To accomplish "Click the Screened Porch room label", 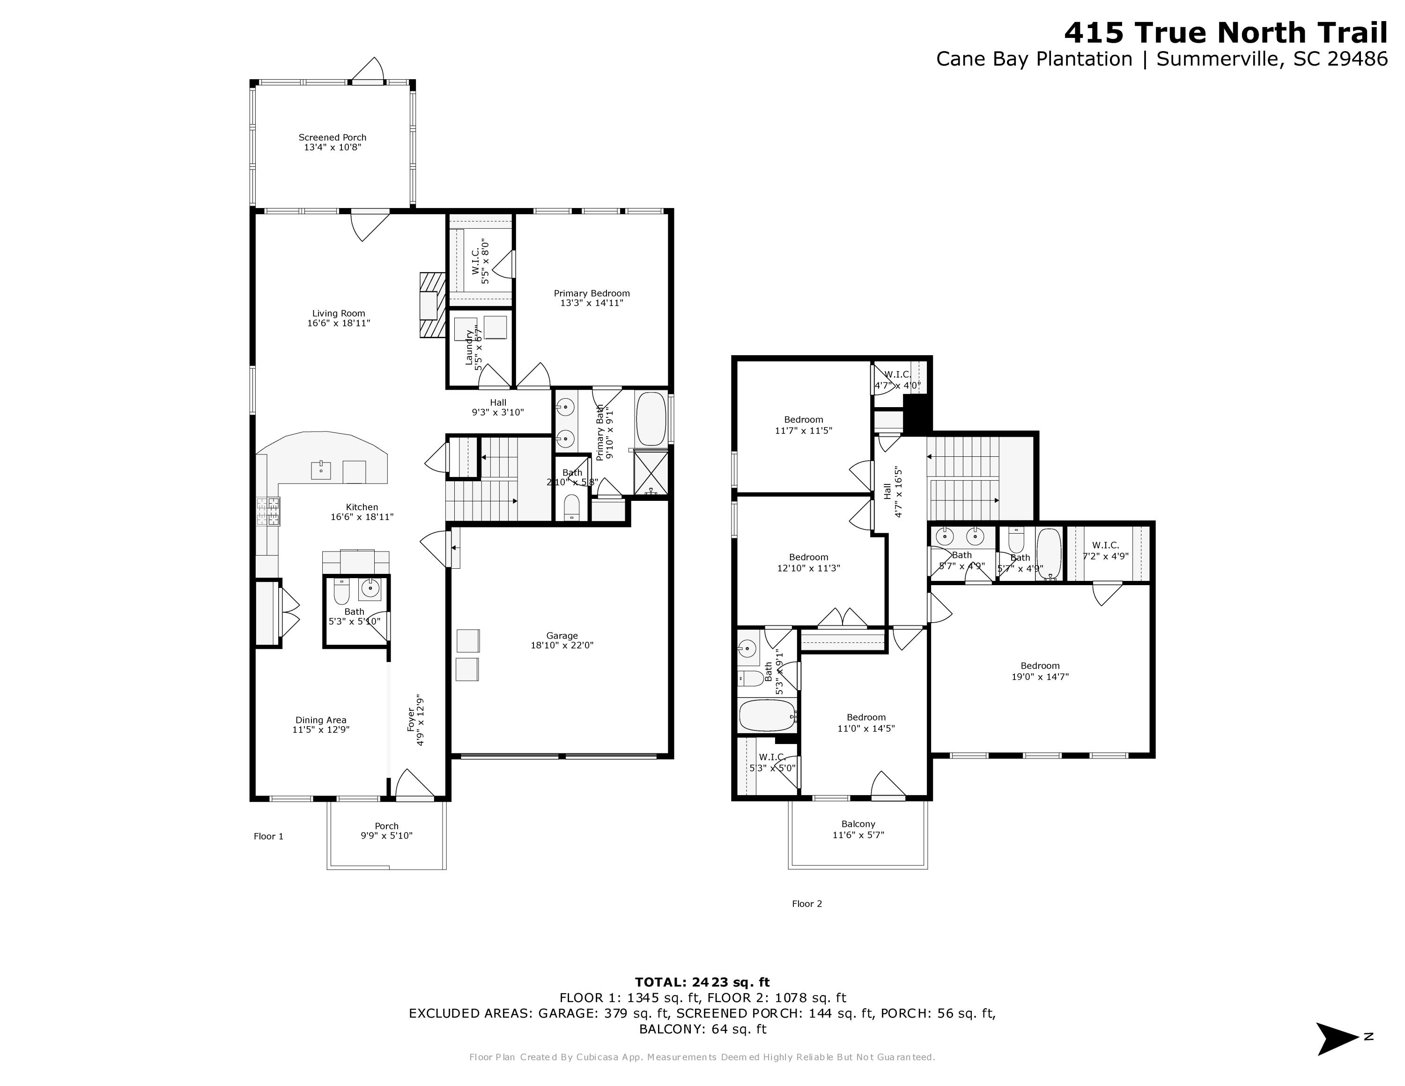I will (332, 142).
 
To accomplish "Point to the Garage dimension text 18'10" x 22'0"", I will (562, 645).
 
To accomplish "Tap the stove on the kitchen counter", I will (268, 512).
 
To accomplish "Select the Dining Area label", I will (321, 724).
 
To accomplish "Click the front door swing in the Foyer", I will (413, 785).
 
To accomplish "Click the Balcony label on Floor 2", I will (858, 829).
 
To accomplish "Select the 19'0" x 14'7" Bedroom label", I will (1040, 671).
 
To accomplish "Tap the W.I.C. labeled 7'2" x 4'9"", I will (1105, 550).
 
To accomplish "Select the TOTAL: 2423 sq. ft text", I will (702, 982).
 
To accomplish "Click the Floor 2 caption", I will (807, 903).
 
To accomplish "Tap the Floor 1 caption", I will (268, 836).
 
